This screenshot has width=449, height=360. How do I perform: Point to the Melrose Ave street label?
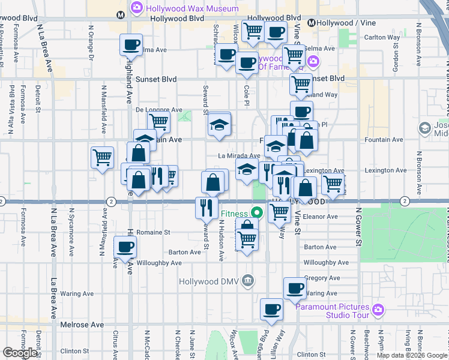click(82, 325)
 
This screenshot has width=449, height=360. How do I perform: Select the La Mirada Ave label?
click(239, 156)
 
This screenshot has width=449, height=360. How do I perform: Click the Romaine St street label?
click(154, 232)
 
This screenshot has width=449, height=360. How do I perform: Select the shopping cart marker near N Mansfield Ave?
click(103, 158)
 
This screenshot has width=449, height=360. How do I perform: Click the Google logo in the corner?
click(21, 353)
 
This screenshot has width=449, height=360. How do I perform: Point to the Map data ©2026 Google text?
click(412, 355)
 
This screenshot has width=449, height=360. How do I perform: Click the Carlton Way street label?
click(382, 37)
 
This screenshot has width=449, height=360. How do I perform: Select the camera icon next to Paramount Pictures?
click(378, 310)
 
